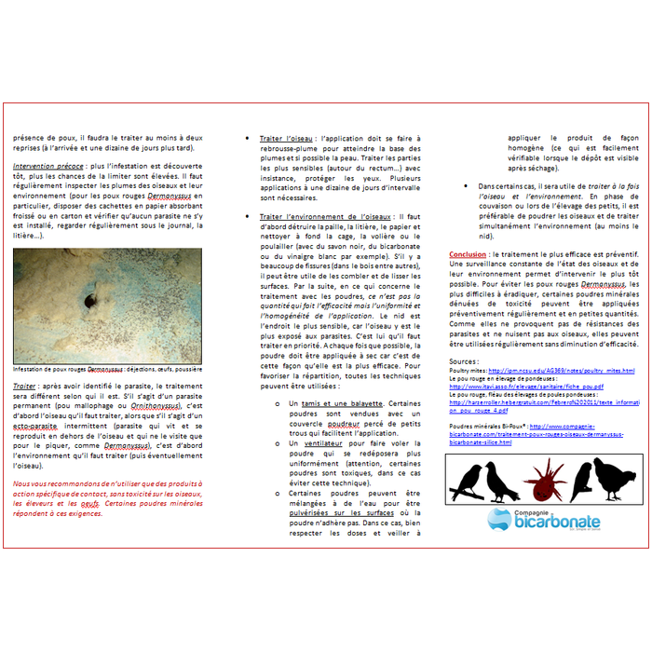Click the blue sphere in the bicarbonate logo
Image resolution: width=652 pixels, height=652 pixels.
500,519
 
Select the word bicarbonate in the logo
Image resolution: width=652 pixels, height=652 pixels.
556,522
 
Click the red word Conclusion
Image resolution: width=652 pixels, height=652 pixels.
468,253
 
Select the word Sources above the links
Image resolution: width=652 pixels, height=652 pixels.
463,360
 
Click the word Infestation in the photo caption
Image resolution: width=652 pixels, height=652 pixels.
33,369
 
